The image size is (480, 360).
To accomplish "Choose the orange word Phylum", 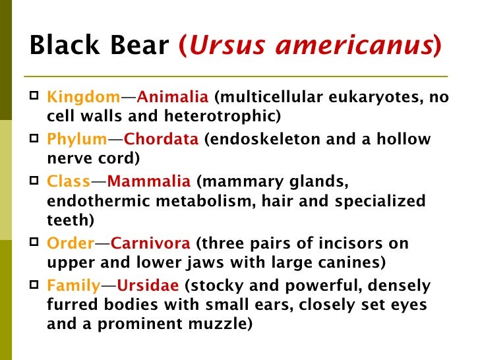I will tap(77, 140).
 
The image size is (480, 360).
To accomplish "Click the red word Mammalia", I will tap(148, 181).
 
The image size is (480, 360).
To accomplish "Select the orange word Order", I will tap(71, 243).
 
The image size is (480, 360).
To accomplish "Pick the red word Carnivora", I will tap(150, 243).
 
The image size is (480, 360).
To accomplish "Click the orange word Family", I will tap(73, 285).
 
